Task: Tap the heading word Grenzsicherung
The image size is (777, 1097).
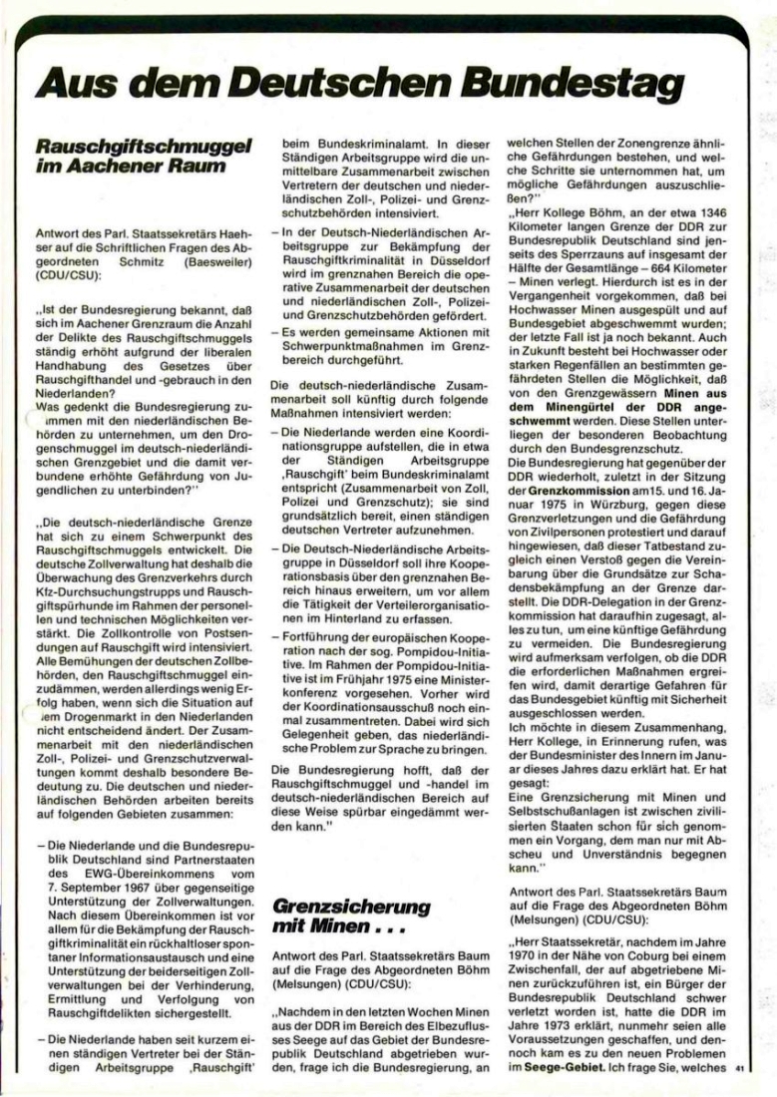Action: pyautogui.click(x=350, y=907)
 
